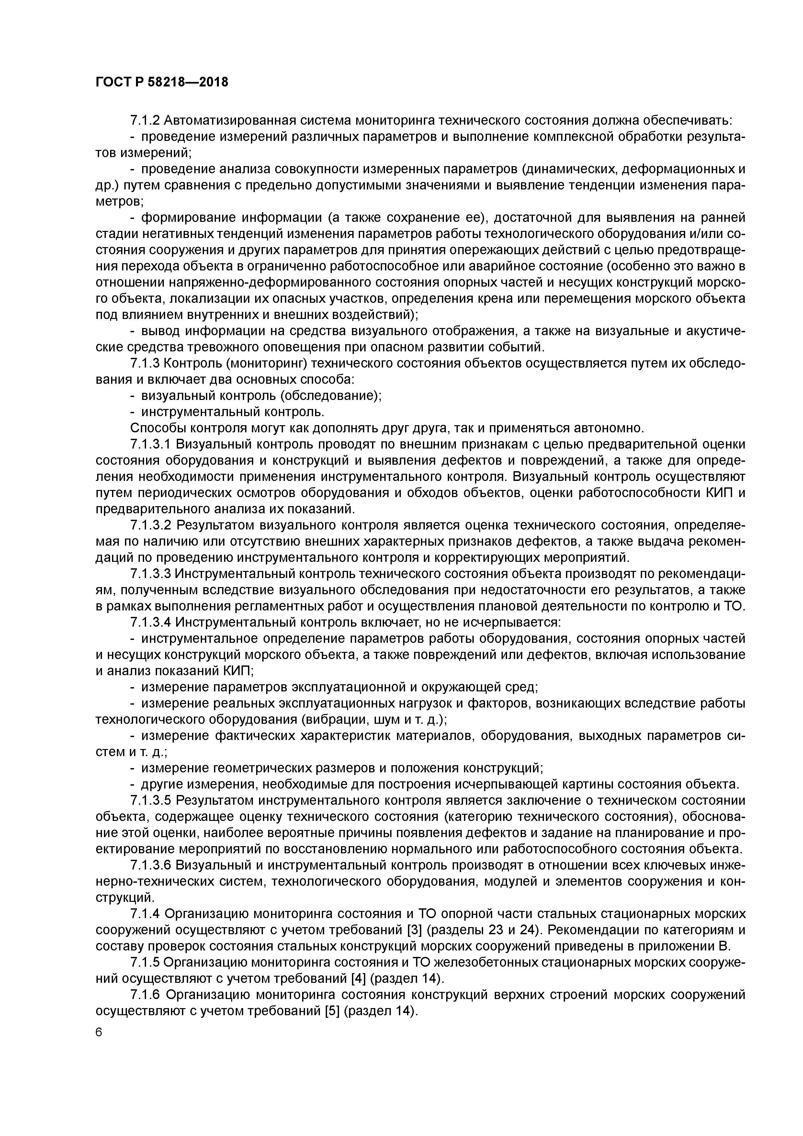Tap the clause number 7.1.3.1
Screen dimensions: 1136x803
151,444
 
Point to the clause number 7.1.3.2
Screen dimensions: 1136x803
151,525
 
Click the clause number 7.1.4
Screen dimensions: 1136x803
145,913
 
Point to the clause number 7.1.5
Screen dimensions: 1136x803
145,962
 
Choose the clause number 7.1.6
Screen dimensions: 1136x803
145,994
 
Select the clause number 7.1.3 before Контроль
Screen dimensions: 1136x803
145,363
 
